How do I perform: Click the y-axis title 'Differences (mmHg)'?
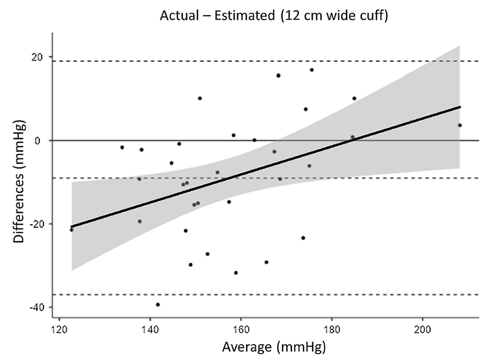coord(20,180)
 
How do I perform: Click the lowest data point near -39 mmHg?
coord(158,305)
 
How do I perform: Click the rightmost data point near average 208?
coord(460,125)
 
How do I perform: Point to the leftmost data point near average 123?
coord(72,230)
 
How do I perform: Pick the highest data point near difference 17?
coord(312,70)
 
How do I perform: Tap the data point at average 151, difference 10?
coord(200,98)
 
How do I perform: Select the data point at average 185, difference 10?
coord(354,99)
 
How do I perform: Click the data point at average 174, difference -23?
coord(303,238)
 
